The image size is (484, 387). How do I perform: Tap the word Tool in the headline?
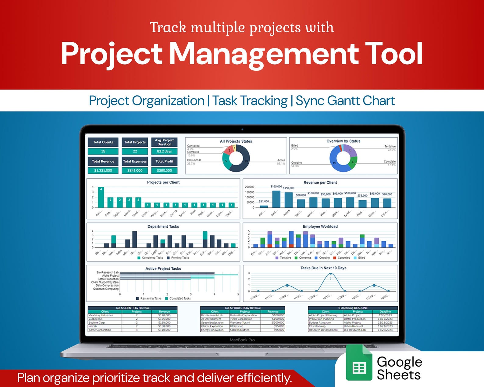click(x=393, y=54)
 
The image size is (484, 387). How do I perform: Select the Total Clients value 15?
click(x=103, y=151)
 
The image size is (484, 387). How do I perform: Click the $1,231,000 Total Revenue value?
click(x=103, y=170)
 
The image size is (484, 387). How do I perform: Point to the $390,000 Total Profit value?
click(x=164, y=170)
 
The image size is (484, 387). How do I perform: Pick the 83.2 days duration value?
click(x=164, y=151)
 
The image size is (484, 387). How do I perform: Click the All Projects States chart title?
click(x=236, y=141)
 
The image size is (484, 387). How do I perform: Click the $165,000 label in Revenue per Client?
click(x=276, y=186)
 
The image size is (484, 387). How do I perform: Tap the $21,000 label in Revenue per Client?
click(x=264, y=201)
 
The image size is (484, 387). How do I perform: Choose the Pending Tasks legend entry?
click(x=180, y=258)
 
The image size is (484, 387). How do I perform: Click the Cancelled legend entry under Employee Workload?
click(x=343, y=258)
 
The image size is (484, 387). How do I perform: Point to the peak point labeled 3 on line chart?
click(x=331, y=274)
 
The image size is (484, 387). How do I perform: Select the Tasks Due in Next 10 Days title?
click(x=323, y=268)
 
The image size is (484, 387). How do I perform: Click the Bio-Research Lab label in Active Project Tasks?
click(x=107, y=272)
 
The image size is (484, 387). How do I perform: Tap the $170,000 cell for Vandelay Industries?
click(x=164, y=315)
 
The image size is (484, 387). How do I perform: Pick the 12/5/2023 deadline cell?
click(x=385, y=315)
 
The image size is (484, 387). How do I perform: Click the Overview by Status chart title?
click(x=343, y=141)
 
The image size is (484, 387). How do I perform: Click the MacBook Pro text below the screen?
click(x=242, y=340)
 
